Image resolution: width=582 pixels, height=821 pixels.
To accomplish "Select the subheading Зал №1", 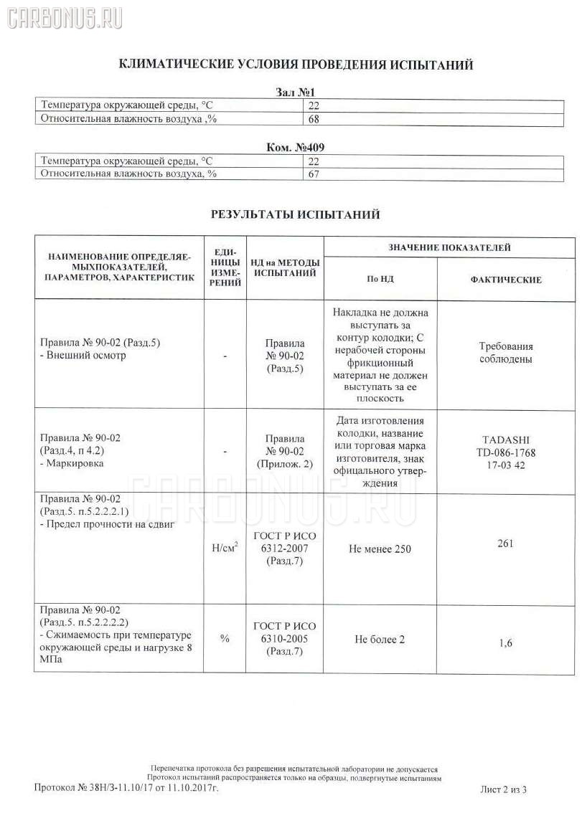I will tap(295, 92).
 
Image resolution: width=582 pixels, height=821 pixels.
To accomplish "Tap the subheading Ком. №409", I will tap(295, 148).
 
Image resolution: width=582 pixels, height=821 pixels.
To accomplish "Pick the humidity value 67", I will tap(313, 174).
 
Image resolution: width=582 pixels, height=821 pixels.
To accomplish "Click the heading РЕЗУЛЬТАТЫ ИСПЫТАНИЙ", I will tap(295, 214).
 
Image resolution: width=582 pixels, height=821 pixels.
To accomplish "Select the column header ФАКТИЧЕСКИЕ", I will tap(505, 280).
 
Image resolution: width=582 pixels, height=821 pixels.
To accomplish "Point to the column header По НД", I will tap(380, 280).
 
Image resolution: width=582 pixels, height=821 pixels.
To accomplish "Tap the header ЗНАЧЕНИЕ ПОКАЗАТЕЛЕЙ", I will tap(449, 247).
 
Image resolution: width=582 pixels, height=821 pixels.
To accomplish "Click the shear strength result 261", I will tap(505, 543).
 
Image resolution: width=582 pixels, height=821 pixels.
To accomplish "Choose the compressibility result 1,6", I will tap(505, 643).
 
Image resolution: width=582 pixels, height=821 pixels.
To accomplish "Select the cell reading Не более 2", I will tap(380, 639).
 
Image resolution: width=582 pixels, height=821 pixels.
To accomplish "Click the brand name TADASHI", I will tap(505, 441).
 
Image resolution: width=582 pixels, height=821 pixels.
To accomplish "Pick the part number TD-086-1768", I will tap(505, 453).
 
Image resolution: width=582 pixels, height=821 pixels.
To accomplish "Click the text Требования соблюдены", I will tap(505, 353).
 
